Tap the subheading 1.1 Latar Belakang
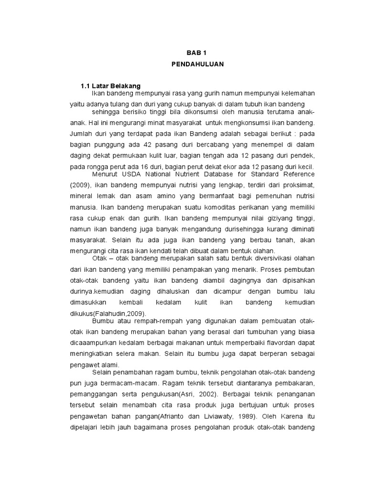click(x=110, y=86)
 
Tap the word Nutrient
click(x=190, y=174)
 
